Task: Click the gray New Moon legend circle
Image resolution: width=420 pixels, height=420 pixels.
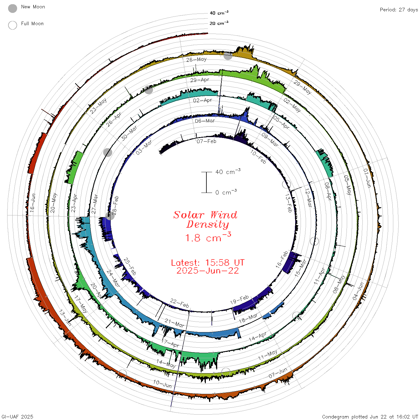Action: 13,8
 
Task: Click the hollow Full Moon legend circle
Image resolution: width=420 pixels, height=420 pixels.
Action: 13,25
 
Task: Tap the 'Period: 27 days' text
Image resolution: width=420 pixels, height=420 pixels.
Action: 399,10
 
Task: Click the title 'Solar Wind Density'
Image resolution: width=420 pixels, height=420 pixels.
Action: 205,220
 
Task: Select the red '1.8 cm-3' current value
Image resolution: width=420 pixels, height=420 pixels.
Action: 208,237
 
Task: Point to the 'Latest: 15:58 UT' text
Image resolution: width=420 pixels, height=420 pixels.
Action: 208,263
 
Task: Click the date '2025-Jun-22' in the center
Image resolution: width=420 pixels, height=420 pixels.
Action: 208,271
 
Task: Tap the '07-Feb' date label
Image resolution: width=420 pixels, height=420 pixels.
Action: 206,142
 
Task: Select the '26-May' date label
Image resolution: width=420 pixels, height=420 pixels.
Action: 196,59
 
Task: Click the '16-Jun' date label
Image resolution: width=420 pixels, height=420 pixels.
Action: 32,203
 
